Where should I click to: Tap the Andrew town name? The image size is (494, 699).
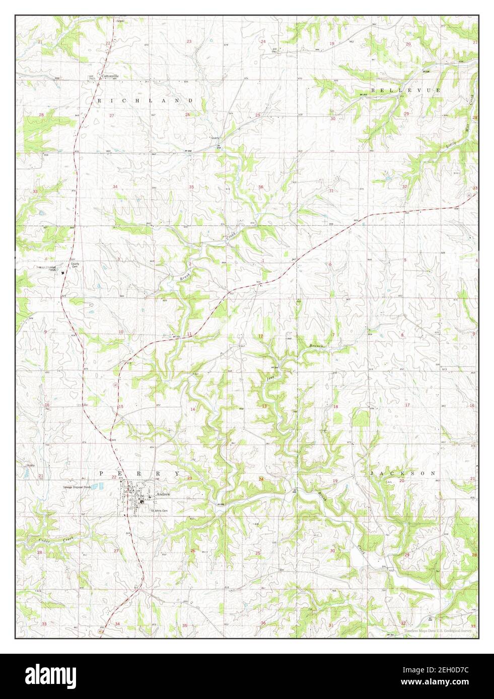164,495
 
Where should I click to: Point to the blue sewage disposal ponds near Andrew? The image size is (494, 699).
101,487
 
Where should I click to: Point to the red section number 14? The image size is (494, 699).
192,409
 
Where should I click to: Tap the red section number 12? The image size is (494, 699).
260,336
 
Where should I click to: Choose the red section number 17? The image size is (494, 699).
407,405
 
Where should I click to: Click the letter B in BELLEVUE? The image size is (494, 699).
373,90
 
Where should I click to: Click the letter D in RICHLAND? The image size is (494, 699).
191,101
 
